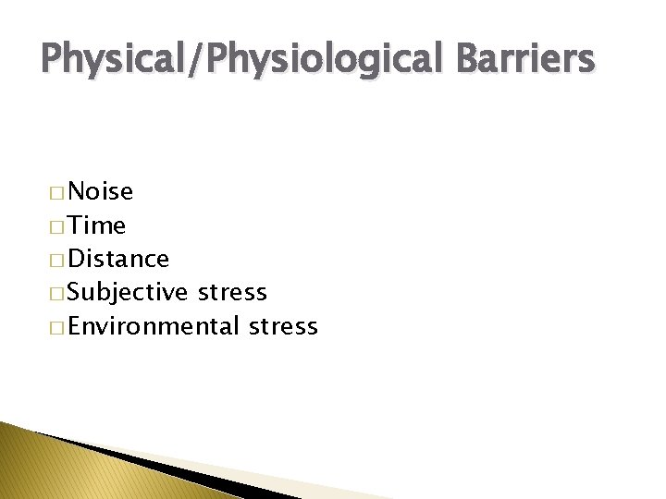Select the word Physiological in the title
tap(319, 60)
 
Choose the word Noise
tap(101, 192)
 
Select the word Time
tap(97, 225)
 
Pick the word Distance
tap(118, 260)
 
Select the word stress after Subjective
tap(233, 294)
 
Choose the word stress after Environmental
tap(283, 327)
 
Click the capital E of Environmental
tap(76, 327)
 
